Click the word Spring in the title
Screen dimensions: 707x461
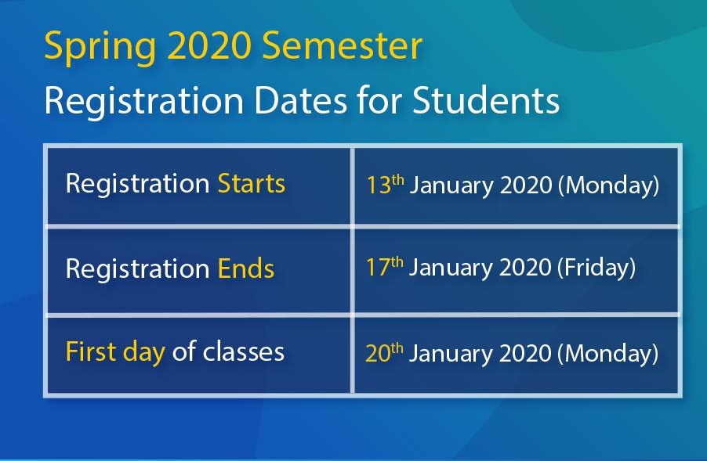point(100,47)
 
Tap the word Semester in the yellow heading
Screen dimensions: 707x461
point(342,45)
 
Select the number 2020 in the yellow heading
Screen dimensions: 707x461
point(208,45)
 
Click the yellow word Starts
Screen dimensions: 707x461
point(251,183)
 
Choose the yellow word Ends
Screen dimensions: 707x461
point(246,268)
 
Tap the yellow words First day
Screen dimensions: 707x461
point(115,352)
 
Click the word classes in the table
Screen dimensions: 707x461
point(244,351)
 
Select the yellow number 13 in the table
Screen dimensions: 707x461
point(379,185)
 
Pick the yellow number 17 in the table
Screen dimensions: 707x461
point(377,268)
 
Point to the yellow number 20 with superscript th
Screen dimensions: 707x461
point(384,352)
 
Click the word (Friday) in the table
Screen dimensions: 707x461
point(596,268)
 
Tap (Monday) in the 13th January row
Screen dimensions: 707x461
point(609,185)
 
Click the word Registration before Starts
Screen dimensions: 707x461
point(137,184)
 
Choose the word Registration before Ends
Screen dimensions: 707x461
point(137,268)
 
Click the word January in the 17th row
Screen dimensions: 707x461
point(451,268)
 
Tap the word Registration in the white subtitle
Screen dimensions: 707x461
point(144,101)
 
